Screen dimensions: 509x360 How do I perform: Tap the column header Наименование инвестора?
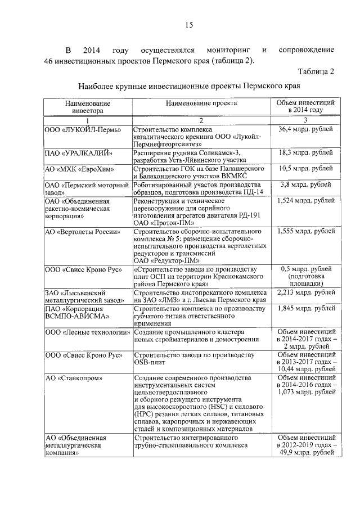click(87, 107)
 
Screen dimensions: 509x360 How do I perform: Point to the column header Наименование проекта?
click(201, 103)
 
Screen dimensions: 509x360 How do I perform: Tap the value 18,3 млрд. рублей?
click(305, 153)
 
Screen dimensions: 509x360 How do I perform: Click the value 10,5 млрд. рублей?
click(305, 169)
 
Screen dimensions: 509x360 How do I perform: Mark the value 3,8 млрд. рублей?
click(305, 185)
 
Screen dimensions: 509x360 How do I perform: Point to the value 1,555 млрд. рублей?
click(305, 232)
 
